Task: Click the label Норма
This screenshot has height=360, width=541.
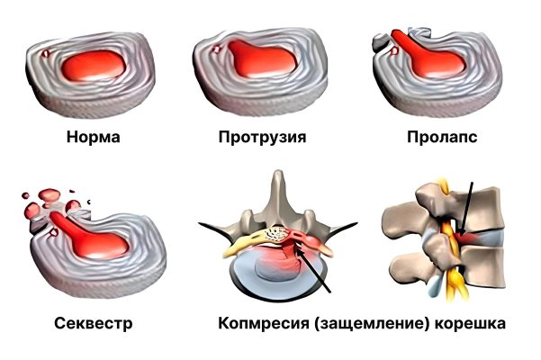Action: (x=93, y=137)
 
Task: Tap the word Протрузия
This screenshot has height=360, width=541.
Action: (x=262, y=137)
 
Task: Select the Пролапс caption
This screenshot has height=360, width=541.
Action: (x=442, y=137)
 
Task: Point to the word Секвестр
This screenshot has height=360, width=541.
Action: (x=93, y=323)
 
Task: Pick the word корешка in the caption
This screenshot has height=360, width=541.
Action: (x=470, y=323)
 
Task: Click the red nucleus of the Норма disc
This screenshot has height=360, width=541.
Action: (x=94, y=66)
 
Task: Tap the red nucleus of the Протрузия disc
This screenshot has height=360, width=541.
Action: (x=261, y=59)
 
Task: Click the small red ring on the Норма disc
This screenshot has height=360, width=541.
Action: (x=46, y=53)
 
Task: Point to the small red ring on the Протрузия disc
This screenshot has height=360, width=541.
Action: (x=216, y=49)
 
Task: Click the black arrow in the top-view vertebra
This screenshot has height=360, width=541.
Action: (x=313, y=270)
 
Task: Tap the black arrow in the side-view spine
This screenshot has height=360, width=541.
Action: (x=467, y=210)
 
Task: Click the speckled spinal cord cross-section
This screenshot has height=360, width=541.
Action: (x=278, y=235)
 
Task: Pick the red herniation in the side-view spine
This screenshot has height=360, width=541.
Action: (x=465, y=238)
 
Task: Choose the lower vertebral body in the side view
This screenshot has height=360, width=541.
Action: (x=483, y=266)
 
